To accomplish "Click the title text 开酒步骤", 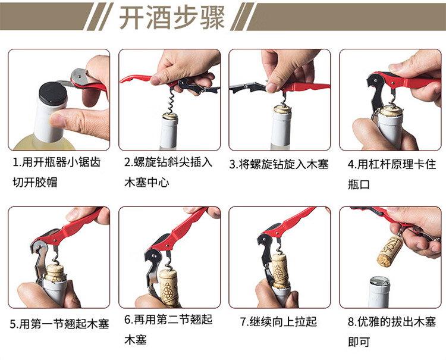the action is (x=172, y=18).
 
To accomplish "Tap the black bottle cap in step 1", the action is (x=53, y=93).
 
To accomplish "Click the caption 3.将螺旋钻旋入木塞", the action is (x=279, y=164).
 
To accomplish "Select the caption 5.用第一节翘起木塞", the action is (x=59, y=324).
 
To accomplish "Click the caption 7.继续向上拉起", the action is (x=278, y=321).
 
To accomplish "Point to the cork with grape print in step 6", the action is (x=169, y=287).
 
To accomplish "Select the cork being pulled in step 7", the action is (x=280, y=270).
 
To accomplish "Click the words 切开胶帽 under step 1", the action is (x=35, y=182).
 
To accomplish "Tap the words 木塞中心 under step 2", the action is (x=147, y=182).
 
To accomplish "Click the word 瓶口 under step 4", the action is (x=359, y=184).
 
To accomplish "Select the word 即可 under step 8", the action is (x=359, y=342).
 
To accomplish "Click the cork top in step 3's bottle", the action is (x=282, y=109).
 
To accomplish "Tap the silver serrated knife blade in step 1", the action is (x=65, y=83).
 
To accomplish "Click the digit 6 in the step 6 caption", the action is (x=128, y=320).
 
